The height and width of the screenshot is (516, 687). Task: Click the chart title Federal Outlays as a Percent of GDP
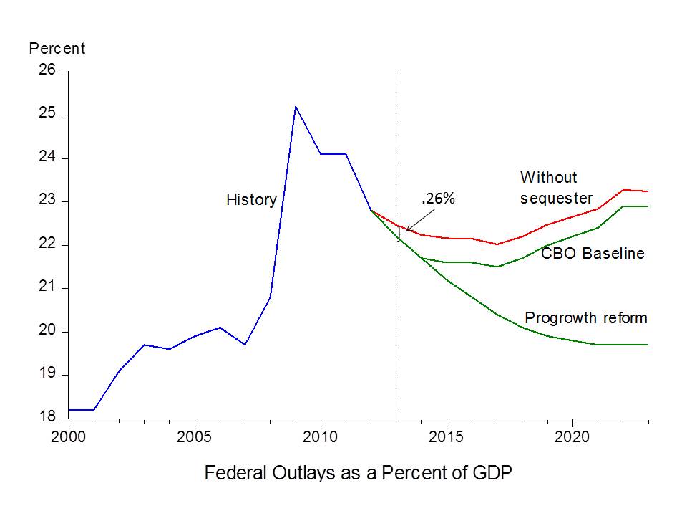[359, 474]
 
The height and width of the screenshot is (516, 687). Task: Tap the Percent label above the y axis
[57, 49]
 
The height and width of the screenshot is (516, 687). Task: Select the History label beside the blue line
[251, 200]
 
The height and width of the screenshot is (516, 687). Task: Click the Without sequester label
[556, 187]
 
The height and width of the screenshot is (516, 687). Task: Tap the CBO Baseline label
[593, 254]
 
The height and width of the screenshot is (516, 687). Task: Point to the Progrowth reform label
[586, 317]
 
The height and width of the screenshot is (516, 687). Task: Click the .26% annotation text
[438, 199]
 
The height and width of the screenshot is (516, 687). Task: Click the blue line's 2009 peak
[296, 107]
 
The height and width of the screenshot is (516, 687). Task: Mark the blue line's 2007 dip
[245, 345]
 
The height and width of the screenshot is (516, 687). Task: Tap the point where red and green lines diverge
[371, 210]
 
